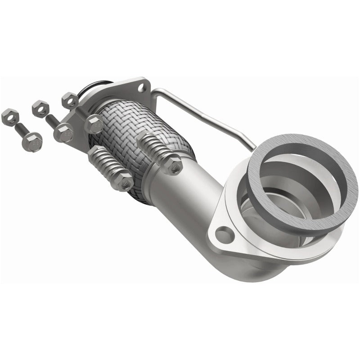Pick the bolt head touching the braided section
pyautogui.click(x=94, y=124)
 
